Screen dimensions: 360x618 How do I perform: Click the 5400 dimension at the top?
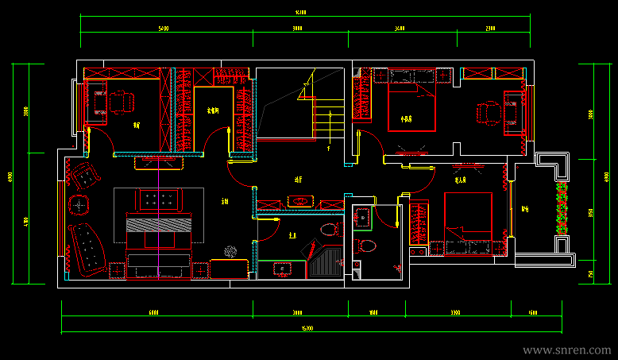163,28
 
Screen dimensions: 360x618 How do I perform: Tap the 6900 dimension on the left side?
10,175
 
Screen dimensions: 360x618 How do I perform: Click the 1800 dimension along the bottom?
373,313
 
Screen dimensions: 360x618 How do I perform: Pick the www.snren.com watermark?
567,350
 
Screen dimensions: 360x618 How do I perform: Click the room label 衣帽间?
213,110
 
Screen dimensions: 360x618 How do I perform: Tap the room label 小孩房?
407,119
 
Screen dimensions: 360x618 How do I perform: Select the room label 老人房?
461,180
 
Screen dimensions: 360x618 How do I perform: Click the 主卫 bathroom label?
292,235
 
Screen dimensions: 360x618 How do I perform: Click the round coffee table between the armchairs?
79,205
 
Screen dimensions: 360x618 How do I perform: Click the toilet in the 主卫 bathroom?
326,230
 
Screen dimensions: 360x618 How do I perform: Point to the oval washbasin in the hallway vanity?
299,201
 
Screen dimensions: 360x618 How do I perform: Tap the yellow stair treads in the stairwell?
324,123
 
